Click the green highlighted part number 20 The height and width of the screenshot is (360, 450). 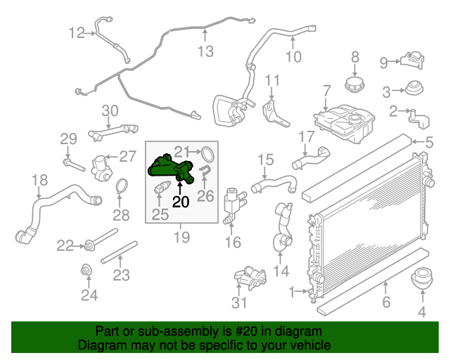[169, 169]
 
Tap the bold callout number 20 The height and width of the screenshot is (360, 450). [181, 202]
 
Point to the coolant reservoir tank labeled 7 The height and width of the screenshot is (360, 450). [345, 123]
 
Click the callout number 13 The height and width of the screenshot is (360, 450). [205, 51]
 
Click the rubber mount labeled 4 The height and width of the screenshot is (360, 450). [422, 278]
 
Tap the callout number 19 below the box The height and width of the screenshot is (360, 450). [181, 238]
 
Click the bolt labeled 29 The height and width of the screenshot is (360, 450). [74, 165]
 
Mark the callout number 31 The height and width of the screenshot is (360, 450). [239, 302]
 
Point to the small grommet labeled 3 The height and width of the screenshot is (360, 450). [414, 88]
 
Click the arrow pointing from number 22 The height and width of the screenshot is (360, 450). [79, 246]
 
